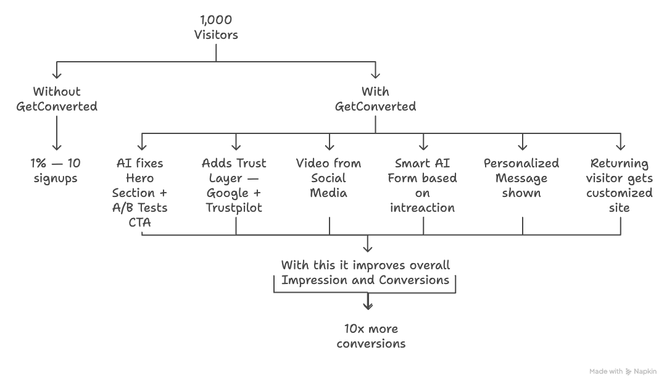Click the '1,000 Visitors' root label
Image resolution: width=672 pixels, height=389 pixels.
tap(216, 28)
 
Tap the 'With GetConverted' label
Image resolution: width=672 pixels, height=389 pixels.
tap(375, 99)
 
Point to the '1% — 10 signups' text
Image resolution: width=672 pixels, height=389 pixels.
tap(56, 171)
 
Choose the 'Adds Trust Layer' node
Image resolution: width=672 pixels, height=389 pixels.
tap(234, 185)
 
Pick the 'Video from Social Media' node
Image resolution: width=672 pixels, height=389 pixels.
tap(329, 178)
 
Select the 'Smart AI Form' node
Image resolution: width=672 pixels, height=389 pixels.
tap(423, 185)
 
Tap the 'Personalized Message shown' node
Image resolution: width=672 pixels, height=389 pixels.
tap(521, 178)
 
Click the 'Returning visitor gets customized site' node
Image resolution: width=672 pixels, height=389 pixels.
tap(620, 185)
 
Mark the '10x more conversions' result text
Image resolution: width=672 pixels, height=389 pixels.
tap(371, 336)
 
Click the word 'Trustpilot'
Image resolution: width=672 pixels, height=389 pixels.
tap(234, 208)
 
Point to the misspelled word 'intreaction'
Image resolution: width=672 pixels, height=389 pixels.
tap(423, 208)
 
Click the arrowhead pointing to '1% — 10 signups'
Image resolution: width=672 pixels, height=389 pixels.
tap(57, 147)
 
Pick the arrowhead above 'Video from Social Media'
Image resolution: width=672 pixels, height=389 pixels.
tap(330, 147)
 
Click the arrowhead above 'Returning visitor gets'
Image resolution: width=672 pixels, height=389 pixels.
tap(620, 147)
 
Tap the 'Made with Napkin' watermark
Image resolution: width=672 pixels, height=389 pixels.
tap(623, 372)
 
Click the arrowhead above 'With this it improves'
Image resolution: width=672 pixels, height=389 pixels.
tap(368, 249)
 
